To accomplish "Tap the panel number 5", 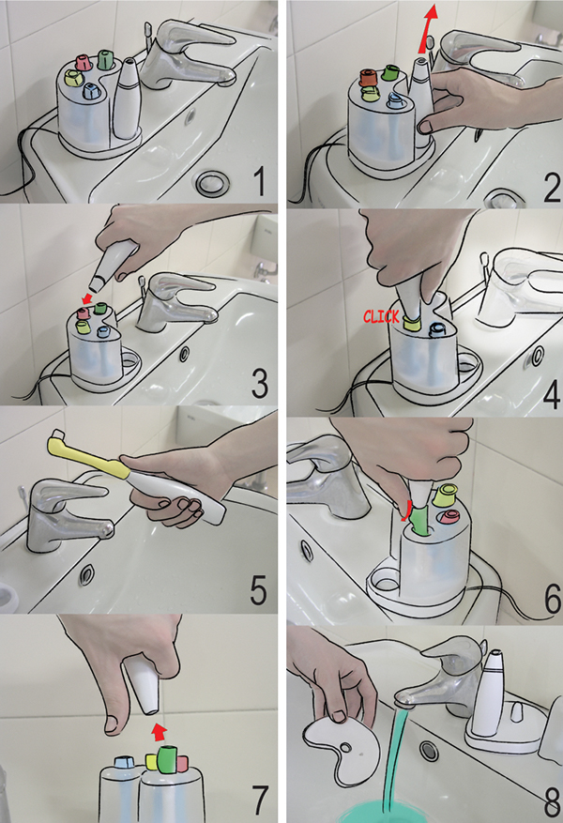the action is click(258, 589).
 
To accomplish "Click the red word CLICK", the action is click(381, 316).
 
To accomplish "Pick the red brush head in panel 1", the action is click(84, 62).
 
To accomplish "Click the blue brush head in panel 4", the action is click(436, 329).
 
